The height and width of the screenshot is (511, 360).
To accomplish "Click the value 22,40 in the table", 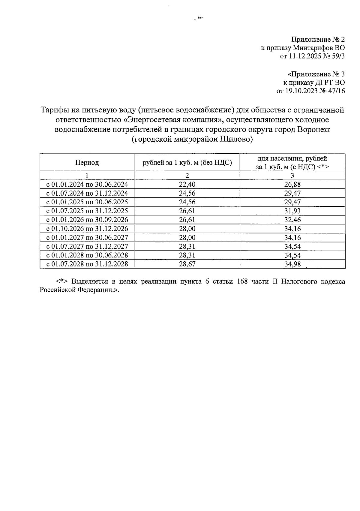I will point(187,184).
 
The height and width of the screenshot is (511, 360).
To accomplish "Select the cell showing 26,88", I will point(292,184).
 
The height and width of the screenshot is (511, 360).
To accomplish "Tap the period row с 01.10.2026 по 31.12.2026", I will point(87,229).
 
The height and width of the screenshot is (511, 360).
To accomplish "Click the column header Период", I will point(87,163).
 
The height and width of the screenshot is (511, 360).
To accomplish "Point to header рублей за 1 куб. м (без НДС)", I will point(187,163).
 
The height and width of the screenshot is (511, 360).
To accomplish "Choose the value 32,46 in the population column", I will point(292,220).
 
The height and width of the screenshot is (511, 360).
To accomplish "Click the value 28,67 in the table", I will point(187,264).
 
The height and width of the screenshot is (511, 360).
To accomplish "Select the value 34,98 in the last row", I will point(292,264).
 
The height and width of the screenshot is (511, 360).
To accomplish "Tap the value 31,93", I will point(292,211).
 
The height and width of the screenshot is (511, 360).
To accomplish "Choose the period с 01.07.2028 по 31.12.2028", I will point(87,264).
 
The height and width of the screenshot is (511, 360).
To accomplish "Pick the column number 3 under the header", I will point(292,176).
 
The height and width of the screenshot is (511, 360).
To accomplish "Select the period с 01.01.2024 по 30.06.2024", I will point(87,184).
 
